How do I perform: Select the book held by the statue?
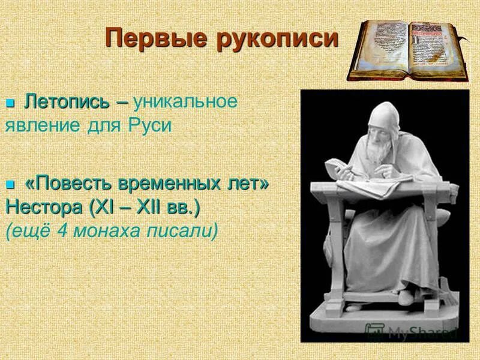[338, 169]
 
